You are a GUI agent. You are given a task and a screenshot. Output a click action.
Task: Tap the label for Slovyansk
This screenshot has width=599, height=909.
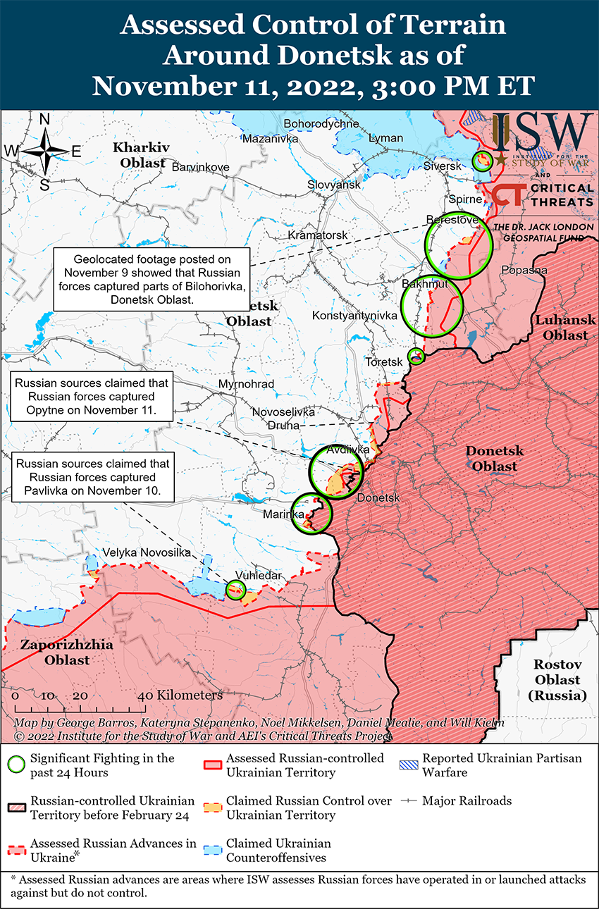334,185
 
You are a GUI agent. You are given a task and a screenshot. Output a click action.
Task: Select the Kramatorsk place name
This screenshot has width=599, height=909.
318,234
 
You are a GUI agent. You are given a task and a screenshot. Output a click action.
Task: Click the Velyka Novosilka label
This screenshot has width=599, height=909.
147,552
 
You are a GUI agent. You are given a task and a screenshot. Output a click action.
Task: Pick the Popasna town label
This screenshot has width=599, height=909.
524,270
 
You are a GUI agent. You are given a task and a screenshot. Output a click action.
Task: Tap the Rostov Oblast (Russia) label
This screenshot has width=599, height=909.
556,680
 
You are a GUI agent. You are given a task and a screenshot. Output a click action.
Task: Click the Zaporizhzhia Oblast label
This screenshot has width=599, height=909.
56,653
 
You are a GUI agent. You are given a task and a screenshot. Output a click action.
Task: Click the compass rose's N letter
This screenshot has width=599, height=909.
44,120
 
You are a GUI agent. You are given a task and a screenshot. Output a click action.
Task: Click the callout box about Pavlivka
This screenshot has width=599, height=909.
92,477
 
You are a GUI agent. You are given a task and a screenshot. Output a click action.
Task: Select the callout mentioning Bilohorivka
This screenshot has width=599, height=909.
152,279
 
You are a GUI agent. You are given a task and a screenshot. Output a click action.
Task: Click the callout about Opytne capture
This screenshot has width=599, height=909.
92,396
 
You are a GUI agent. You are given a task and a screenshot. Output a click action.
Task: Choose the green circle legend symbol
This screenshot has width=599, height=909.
18,765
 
